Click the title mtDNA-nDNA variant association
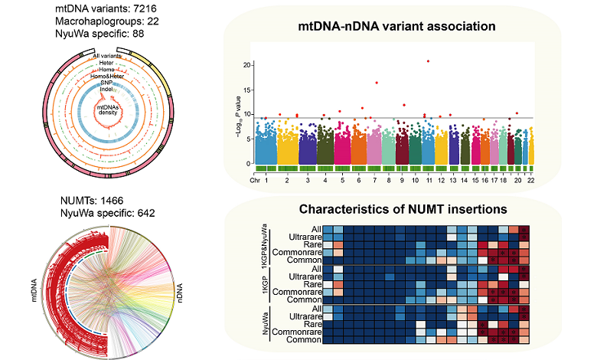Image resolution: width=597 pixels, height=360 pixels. point(397,26)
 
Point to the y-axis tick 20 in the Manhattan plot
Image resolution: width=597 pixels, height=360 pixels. point(246,64)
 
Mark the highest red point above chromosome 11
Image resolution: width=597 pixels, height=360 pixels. point(428,61)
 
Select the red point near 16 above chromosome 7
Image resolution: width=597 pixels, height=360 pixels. point(377,83)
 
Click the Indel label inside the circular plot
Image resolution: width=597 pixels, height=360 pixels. point(106,90)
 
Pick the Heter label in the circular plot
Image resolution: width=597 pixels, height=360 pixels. point(106,63)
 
